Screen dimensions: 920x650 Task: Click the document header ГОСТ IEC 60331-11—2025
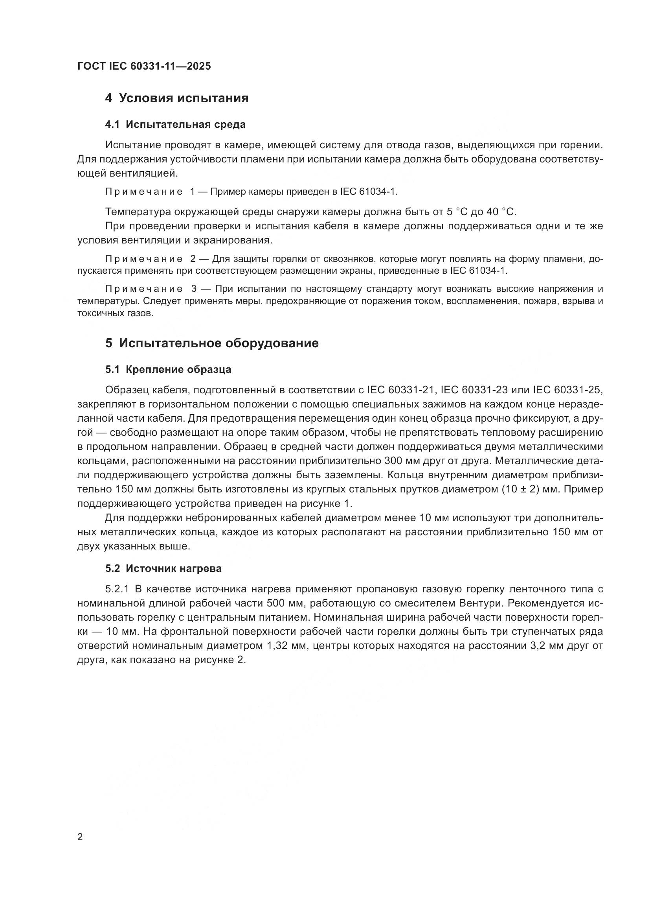click(144, 66)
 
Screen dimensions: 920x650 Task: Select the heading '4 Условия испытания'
click(176, 98)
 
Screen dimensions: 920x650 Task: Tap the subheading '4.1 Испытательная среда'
click(175, 125)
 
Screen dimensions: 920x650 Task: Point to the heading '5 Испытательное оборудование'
click(212, 343)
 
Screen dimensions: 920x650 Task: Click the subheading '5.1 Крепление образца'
click(168, 369)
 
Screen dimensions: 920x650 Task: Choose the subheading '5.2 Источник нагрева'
click(163, 568)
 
